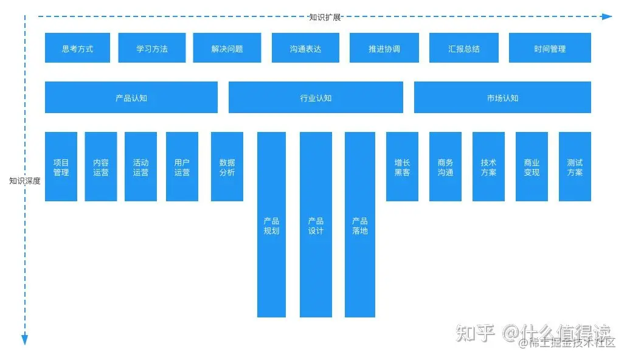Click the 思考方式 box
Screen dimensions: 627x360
pyautogui.click(x=77, y=48)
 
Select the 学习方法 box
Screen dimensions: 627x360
pyautogui.click(x=152, y=48)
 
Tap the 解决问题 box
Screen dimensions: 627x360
pyautogui.click(x=227, y=48)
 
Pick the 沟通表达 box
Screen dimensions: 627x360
pyautogui.click(x=305, y=48)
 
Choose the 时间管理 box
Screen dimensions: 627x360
pyautogui.click(x=550, y=48)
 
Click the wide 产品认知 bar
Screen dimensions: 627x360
pyautogui.click(x=131, y=97)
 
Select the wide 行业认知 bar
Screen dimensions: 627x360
pyautogui.click(x=316, y=97)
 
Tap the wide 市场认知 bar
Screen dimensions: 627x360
pyautogui.click(x=502, y=97)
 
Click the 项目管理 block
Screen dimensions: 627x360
pyautogui.click(x=61, y=167)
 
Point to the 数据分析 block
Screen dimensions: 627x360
pyautogui.click(x=227, y=167)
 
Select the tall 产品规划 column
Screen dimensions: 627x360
pyautogui.click(x=271, y=225)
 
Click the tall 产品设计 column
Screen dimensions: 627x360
pyautogui.click(x=316, y=225)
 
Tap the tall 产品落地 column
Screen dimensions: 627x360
pyautogui.click(x=360, y=225)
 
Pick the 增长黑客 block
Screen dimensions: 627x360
pyautogui.click(x=402, y=167)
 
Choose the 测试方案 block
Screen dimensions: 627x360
pyautogui.click(x=575, y=167)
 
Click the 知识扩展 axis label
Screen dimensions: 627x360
pyautogui.click(x=325, y=17)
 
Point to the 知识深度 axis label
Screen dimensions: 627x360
pyautogui.click(x=25, y=181)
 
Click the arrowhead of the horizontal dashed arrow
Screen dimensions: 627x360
pyautogui.click(x=607, y=16)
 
